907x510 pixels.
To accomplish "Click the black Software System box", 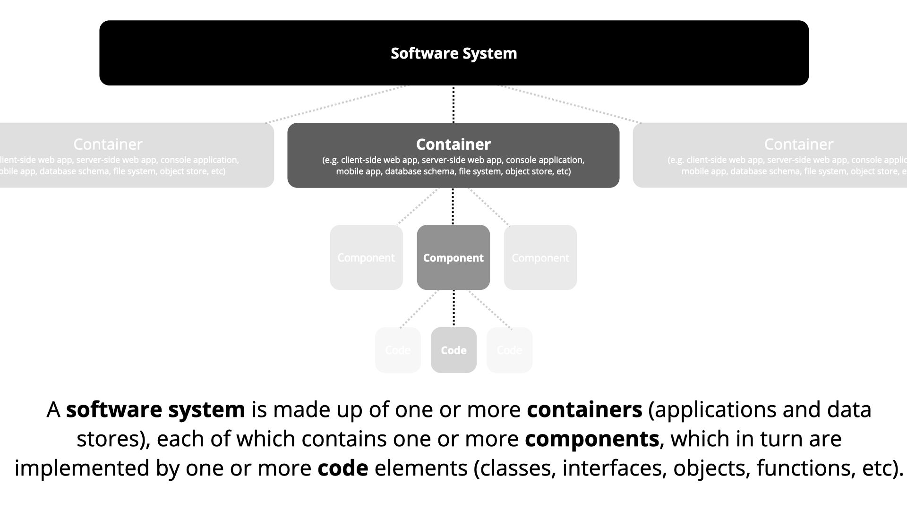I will pyautogui.click(x=453, y=53).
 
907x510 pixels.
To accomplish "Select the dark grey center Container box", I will pyautogui.click(x=453, y=155).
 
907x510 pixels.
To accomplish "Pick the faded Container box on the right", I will pyautogui.click(x=770, y=155).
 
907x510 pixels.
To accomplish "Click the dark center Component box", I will pyautogui.click(x=453, y=257).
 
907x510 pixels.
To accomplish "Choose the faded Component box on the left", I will pyautogui.click(x=366, y=257).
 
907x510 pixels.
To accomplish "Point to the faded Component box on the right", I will pyautogui.click(x=540, y=257).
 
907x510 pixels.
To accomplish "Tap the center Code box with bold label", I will pyautogui.click(x=453, y=350).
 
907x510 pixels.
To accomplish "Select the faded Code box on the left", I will pyautogui.click(x=398, y=350).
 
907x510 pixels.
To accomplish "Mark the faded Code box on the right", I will pyautogui.click(x=509, y=350).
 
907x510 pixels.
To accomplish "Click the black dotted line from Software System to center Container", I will pyautogui.click(x=453, y=104).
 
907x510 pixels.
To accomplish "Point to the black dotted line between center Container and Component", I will pyautogui.click(x=453, y=206).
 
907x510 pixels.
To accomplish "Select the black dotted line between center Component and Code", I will pyautogui.click(x=454, y=308).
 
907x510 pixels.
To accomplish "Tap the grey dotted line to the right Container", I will pyautogui.click(x=570, y=104).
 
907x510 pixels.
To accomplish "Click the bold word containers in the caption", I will pyautogui.click(x=584, y=409).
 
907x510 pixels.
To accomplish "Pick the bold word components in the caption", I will pyautogui.click(x=592, y=439).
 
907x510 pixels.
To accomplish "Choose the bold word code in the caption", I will pyautogui.click(x=342, y=468).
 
